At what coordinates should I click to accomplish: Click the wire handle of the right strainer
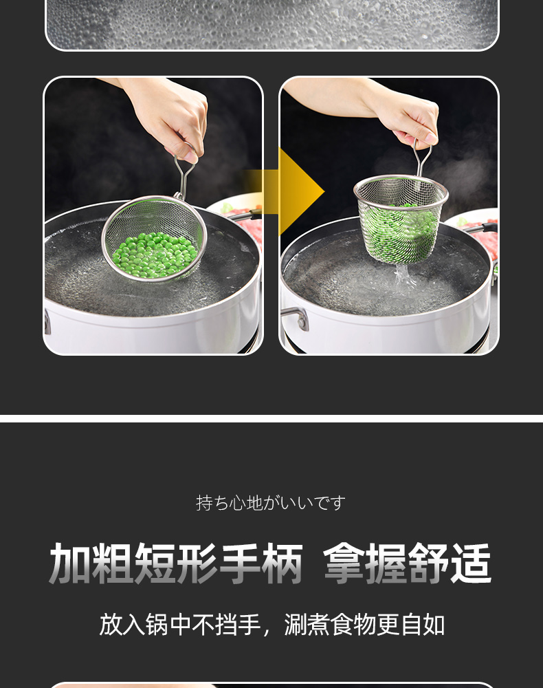pos(421,158)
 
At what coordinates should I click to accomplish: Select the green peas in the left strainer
pos(154,255)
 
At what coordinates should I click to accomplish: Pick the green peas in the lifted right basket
pos(400,233)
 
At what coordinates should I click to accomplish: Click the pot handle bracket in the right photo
pos(296,316)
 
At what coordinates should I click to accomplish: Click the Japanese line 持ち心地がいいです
pos(271,503)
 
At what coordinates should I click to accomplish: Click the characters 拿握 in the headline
pos(364,563)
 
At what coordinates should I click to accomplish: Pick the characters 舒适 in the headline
pos(450,563)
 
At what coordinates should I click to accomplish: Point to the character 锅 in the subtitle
pos(157,625)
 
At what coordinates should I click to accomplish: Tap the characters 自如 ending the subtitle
pos(423,625)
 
